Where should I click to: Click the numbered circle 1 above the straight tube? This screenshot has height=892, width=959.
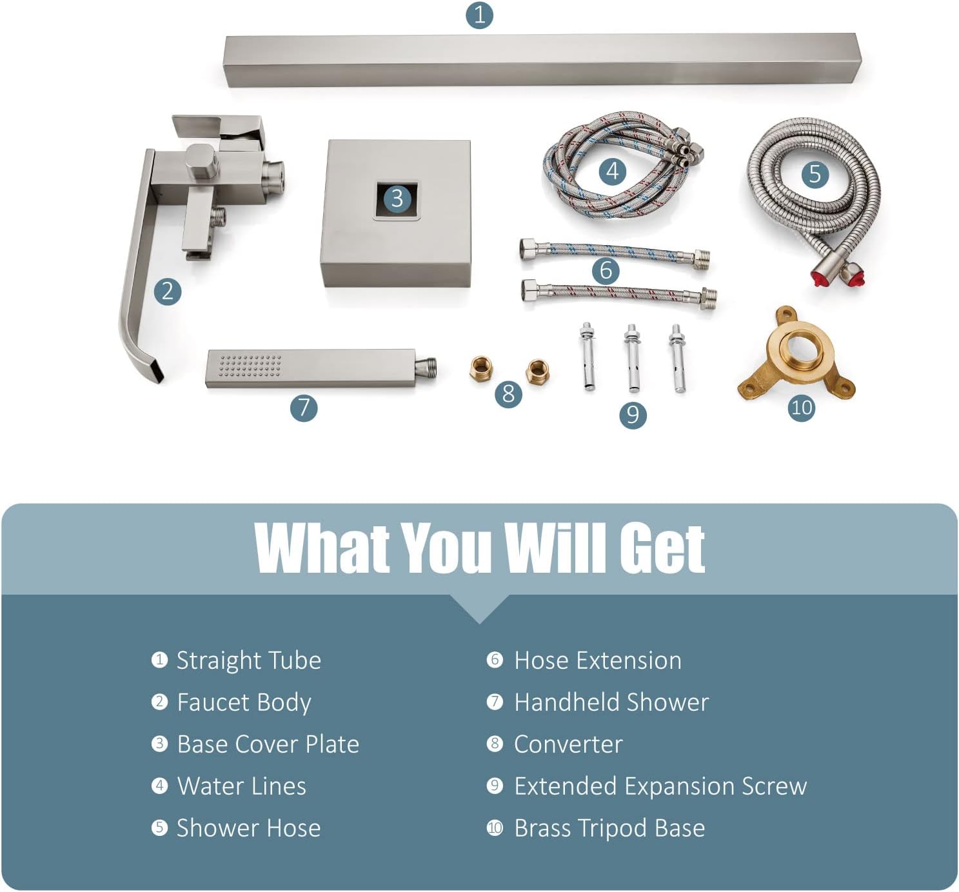(x=479, y=15)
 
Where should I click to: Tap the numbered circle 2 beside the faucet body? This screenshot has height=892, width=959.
(x=168, y=292)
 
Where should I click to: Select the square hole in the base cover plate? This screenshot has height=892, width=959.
(x=397, y=199)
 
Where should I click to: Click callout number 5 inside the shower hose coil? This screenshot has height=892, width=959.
(x=815, y=174)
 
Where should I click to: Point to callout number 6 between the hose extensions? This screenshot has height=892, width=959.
(x=606, y=270)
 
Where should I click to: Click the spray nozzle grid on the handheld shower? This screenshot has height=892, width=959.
(x=250, y=366)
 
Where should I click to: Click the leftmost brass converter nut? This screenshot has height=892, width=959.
(x=481, y=369)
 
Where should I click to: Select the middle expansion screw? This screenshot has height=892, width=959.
(x=632, y=357)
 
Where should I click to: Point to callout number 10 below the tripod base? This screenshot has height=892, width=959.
(x=802, y=407)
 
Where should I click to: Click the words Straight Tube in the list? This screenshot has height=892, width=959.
(x=249, y=660)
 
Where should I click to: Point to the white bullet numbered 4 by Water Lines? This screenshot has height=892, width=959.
(x=159, y=786)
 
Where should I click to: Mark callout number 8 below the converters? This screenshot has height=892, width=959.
(x=508, y=393)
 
